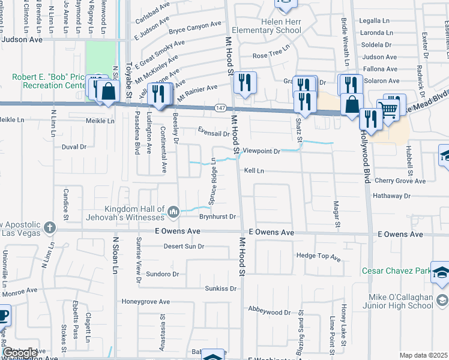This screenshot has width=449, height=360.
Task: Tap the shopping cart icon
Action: (388, 109)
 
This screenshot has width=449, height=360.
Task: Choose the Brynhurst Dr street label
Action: (219, 217)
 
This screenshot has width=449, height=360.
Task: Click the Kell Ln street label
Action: (254, 171)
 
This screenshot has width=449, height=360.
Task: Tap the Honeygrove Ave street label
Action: (146, 301)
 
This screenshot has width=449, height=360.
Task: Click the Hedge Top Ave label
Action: (318, 257)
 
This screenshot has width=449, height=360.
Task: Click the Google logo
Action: (19, 353)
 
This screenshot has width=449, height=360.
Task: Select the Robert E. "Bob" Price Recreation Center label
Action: (49, 82)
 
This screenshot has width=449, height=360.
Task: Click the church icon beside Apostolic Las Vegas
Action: (49, 228)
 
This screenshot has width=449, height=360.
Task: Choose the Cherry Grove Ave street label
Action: (399, 181)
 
